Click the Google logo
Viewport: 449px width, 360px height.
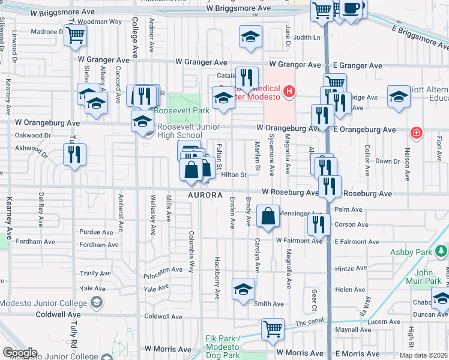point(20,352)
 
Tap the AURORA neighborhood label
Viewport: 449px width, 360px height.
point(205,196)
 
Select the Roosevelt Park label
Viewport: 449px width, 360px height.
point(181,110)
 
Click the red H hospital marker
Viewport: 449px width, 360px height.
point(289,91)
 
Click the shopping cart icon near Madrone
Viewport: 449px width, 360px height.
point(76,35)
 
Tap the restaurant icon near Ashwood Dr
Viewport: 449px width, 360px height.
point(74,154)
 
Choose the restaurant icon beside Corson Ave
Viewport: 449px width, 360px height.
point(319,224)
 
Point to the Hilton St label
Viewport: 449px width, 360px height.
point(234,175)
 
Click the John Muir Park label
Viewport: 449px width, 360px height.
point(427,277)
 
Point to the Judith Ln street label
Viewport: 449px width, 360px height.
point(307,37)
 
